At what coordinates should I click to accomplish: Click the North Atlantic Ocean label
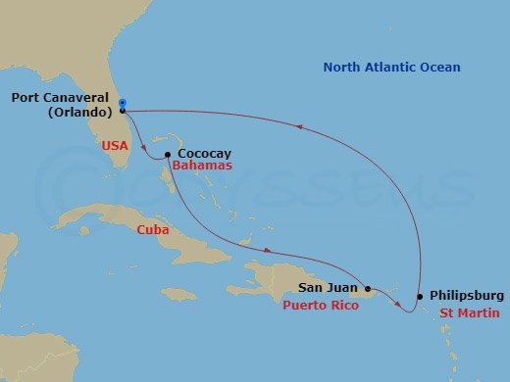point(391,68)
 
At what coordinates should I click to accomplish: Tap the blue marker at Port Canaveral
point(122,103)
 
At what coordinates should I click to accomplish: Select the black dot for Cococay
point(168,155)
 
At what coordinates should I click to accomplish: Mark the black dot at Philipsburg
point(421,296)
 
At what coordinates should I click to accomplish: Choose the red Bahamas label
point(202,167)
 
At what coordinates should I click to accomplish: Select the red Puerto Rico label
point(320,306)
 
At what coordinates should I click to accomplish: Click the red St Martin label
point(469,313)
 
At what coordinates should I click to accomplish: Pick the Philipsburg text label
point(467,296)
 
